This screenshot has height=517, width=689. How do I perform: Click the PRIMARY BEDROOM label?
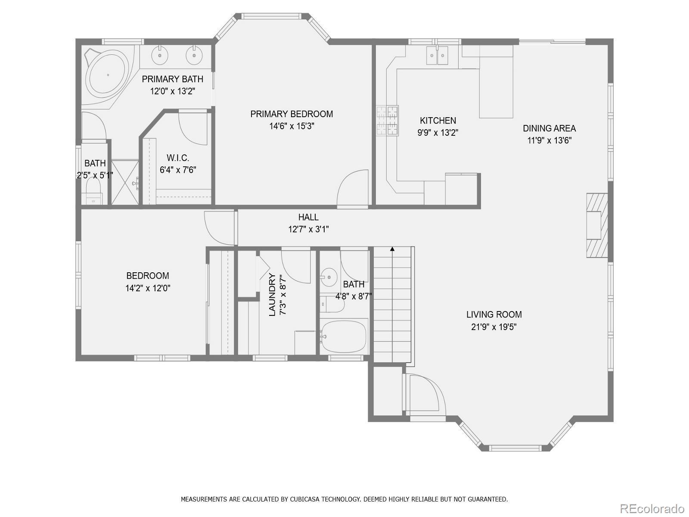coord(292,114)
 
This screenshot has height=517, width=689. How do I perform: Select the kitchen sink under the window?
coord(437,56)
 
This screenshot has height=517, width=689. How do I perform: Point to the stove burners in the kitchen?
coord(387,121)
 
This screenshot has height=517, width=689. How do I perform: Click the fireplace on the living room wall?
coord(597,225)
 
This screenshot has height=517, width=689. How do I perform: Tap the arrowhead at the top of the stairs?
coord(392,249)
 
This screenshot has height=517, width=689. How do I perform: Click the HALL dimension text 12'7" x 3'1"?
coord(308,230)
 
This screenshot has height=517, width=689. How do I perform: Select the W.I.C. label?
coord(178,158)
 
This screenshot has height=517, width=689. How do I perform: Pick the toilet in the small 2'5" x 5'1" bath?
coord(93,191)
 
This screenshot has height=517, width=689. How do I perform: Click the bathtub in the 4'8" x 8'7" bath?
coord(343,336)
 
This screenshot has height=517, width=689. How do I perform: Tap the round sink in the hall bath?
coord(329,277)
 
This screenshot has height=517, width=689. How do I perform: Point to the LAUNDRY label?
coord(272,294)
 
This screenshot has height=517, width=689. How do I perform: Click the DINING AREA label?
coord(549,128)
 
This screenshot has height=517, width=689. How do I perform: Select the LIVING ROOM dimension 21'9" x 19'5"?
coord(494,327)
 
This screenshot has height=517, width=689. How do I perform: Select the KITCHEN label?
coord(438,121)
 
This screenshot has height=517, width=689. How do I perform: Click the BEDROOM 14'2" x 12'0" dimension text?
coord(148,288)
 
